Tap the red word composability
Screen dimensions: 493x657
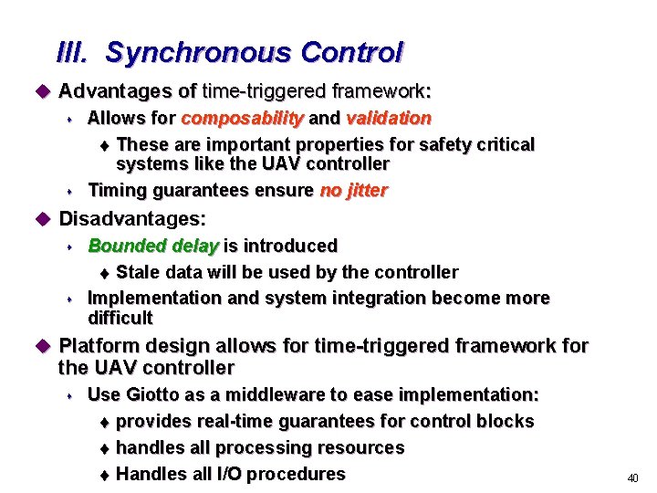coord(244,118)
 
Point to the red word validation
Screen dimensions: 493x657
coord(389,118)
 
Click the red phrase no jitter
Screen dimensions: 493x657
coord(354,190)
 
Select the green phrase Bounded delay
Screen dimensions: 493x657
coord(153,246)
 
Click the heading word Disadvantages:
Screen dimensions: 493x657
coord(132,219)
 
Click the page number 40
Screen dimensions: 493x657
coord(632,477)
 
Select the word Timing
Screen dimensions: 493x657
coord(116,190)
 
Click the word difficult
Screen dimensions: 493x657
coord(120,318)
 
